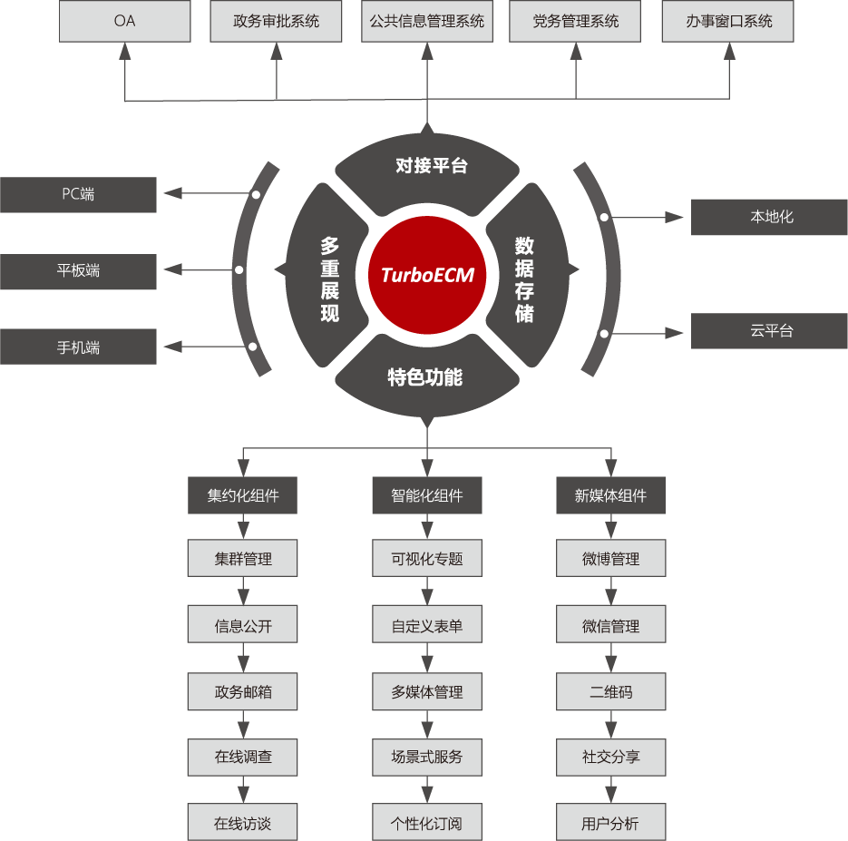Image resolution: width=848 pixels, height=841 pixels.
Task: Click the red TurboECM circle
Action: pyautogui.click(x=426, y=275)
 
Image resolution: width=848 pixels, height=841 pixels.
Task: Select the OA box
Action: pyautogui.click(x=125, y=21)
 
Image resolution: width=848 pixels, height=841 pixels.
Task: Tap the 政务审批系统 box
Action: pyautogui.click(x=276, y=21)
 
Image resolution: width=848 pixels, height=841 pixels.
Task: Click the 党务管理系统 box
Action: pyautogui.click(x=575, y=21)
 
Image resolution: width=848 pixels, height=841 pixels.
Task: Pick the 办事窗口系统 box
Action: pyautogui.click(x=728, y=21)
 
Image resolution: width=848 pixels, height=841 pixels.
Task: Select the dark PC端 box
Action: pyautogui.click(x=78, y=195)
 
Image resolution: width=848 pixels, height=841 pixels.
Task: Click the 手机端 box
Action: pyautogui.click(x=78, y=347)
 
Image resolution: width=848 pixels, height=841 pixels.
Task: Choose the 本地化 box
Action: pyautogui.click(x=769, y=217)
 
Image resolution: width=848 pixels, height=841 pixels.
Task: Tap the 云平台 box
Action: pyautogui.click(x=769, y=330)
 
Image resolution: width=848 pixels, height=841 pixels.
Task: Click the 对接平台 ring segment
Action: pyautogui.click(x=427, y=168)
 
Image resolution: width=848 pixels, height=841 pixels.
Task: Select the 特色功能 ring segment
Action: pyautogui.click(x=427, y=378)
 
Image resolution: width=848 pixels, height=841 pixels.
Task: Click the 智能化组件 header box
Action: pyautogui.click(x=427, y=495)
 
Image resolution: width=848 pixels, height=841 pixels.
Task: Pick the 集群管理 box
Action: pyautogui.click(x=243, y=558)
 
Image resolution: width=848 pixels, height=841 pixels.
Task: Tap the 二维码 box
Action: pyautogui.click(x=611, y=691)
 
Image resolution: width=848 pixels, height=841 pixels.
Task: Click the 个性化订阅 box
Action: pyautogui.click(x=427, y=822)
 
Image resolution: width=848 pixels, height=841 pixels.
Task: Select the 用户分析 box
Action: pyautogui.click(x=611, y=822)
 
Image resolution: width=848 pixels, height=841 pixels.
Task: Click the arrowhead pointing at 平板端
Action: pyautogui.click(x=172, y=269)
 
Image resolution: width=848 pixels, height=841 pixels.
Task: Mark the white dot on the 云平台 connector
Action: pyautogui.click(x=604, y=334)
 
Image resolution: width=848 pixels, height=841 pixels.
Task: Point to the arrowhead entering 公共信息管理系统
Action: pyautogui.click(x=427, y=52)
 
